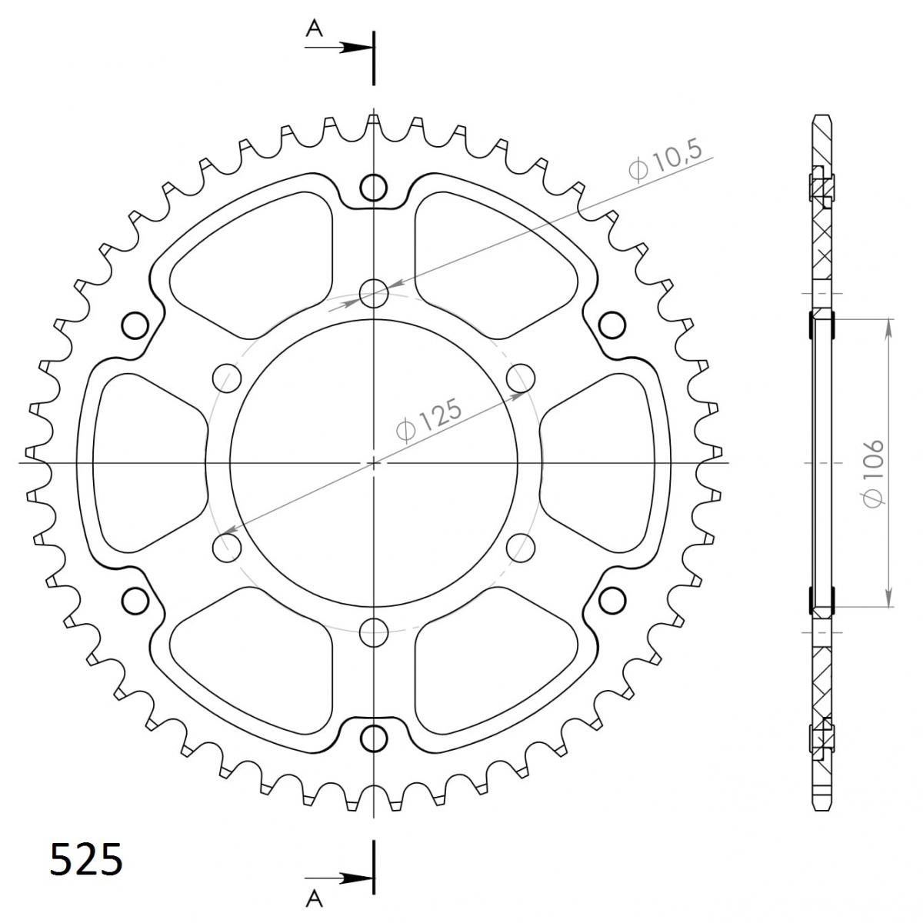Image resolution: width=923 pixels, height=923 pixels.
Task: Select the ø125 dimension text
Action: tap(430, 418)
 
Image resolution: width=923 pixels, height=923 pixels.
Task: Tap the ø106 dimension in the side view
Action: tap(873, 471)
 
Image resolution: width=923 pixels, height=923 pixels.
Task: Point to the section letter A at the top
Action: tap(315, 30)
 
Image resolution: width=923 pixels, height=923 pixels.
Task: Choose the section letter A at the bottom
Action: tap(315, 900)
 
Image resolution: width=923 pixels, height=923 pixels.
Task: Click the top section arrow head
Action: tap(356, 48)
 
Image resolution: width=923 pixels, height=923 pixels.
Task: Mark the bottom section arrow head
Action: tap(356, 878)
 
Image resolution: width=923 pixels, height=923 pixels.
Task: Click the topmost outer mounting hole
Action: tap(374, 187)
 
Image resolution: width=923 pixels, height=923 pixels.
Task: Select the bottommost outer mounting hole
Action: tap(374, 738)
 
